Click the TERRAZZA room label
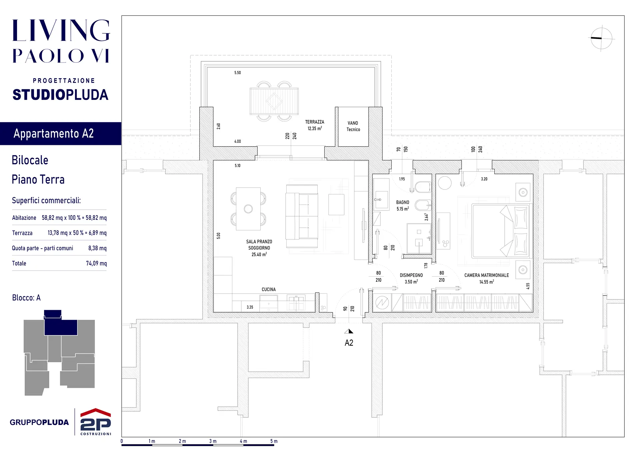click(x=315, y=122)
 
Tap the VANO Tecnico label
click(x=353, y=126)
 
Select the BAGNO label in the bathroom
click(x=403, y=203)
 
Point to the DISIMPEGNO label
click(x=411, y=275)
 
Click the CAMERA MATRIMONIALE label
click(x=487, y=275)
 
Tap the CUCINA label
click(x=269, y=289)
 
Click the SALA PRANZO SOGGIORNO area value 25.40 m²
click(x=259, y=254)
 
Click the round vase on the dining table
click(x=248, y=209)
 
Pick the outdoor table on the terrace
click(x=274, y=101)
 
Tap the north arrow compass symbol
click(x=602, y=38)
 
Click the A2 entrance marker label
click(x=349, y=343)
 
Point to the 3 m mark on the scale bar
click(x=213, y=441)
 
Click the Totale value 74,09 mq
click(x=96, y=263)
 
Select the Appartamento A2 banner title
click(x=54, y=134)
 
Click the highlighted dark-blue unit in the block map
click(x=61, y=323)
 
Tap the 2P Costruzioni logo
click(x=96, y=422)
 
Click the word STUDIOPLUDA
click(x=60, y=95)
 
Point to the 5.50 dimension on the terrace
click(x=238, y=73)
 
